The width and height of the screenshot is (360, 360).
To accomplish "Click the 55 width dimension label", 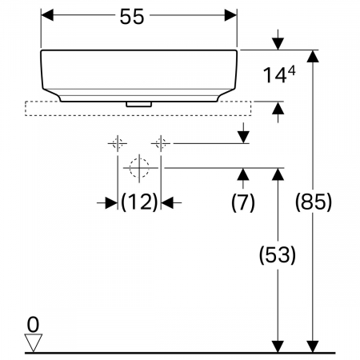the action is click(x=132, y=17).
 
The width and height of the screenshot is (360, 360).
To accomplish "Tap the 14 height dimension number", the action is click(x=273, y=75).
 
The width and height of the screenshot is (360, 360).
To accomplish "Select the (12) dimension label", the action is click(x=139, y=202).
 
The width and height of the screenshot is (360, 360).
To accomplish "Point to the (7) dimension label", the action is click(x=243, y=202).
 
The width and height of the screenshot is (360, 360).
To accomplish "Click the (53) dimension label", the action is click(x=278, y=255).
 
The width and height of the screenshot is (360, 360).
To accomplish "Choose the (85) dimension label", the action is click(x=314, y=202).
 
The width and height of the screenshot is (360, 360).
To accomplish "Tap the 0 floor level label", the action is click(x=33, y=325).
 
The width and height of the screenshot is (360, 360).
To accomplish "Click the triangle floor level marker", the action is click(x=33, y=342).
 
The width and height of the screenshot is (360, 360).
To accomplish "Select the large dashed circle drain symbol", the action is click(x=139, y=168).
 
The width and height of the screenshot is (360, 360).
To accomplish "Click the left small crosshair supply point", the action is click(x=118, y=143).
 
